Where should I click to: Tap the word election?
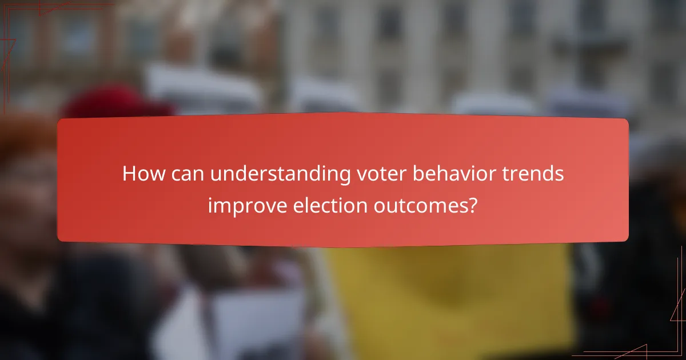pos(321,205)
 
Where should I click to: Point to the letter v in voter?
pos(360,175)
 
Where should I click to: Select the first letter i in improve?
pos(210,205)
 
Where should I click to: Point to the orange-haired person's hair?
pos(23,143)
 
